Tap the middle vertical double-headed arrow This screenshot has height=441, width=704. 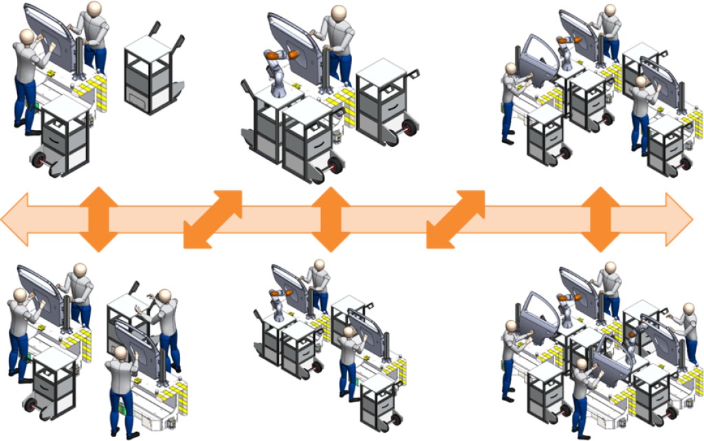click(332, 219)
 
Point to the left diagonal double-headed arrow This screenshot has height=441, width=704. click(213, 219)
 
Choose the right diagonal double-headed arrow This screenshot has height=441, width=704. click(456, 219)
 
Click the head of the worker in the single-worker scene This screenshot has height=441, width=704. click(338, 13)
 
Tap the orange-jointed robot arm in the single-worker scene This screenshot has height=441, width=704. click(279, 69)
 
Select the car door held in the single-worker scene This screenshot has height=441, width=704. click(292, 45)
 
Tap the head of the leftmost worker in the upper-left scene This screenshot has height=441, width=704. click(27, 37)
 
